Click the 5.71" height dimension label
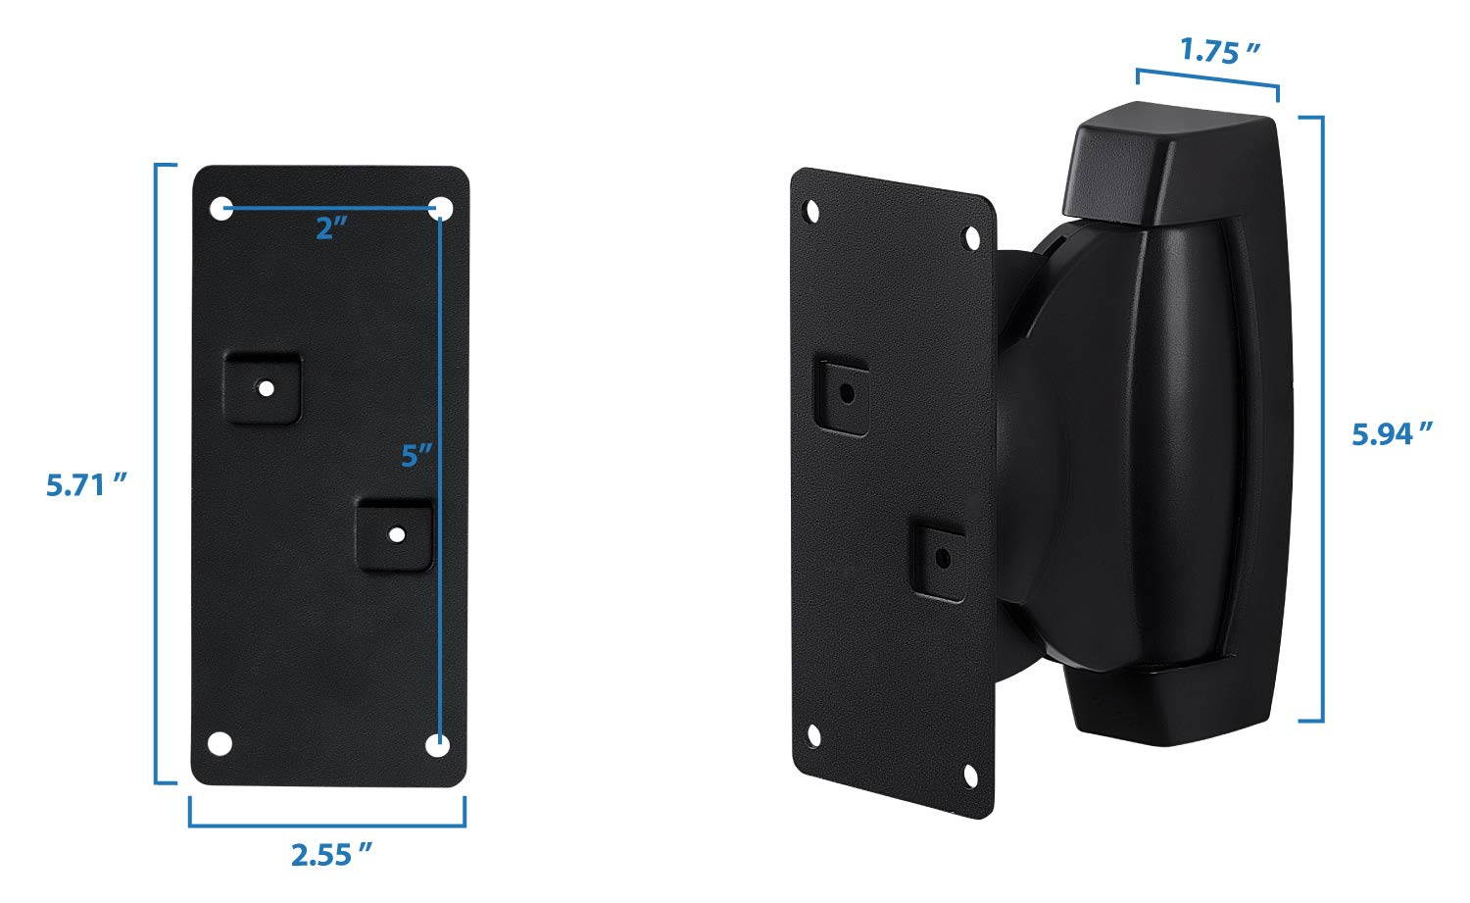[87, 484]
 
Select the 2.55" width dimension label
[332, 855]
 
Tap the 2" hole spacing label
[331, 228]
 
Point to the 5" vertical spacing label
[416, 456]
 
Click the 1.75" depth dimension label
[1219, 51]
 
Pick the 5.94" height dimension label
[1392, 433]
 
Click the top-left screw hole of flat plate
[222, 208]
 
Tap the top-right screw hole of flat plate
[442, 208]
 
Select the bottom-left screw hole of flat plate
[221, 743]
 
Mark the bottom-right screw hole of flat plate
[437, 745]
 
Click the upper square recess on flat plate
[263, 388]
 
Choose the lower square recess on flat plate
[395, 534]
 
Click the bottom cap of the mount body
[1176, 708]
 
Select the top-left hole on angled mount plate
[811, 211]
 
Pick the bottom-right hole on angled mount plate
[970, 777]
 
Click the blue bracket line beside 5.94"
[1323, 419]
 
